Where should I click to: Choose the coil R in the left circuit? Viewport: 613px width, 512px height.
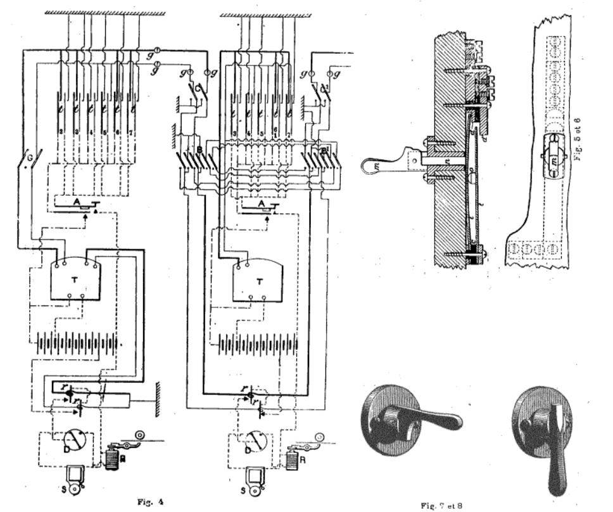pyautogui.click(x=113, y=456)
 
